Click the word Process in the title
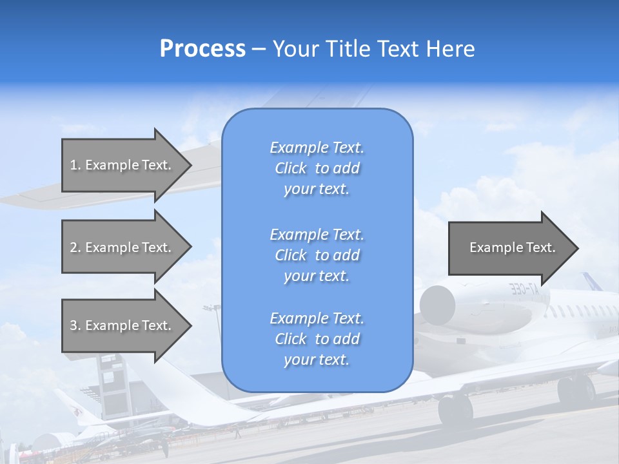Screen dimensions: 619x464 [x=202, y=49]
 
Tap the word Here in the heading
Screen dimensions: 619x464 [x=450, y=48]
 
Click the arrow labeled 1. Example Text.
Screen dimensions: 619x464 [x=127, y=165]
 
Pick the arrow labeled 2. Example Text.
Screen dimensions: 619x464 [x=127, y=247]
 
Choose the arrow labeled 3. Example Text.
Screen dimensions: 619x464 [x=127, y=326]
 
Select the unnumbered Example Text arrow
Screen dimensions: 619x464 [x=513, y=248]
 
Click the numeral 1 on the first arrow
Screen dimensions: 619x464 [x=74, y=165]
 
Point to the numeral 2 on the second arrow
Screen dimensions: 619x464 [x=74, y=247]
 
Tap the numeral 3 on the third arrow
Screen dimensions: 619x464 [x=74, y=325]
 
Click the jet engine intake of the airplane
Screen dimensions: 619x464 [x=437, y=305]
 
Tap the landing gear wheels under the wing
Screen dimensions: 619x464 [x=455, y=410]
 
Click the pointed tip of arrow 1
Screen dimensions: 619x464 [x=192, y=165]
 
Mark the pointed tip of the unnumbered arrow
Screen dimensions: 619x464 [x=579, y=248]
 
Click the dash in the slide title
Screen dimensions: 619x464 [x=259, y=50]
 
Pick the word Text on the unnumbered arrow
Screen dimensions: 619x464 [x=540, y=247]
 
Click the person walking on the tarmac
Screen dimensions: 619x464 [x=165, y=447]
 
